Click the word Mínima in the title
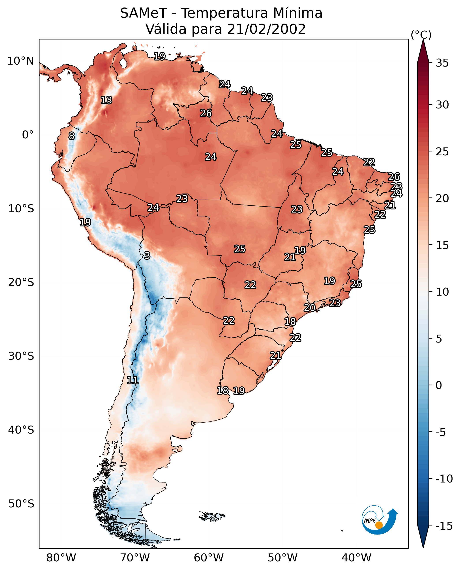pos(297,13)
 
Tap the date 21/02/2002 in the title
pos(267,29)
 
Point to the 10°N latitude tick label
pos(21,61)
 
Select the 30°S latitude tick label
pos(21,356)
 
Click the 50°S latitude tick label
pos(21,504)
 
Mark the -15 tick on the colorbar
pos(444,526)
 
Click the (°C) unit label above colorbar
pos(421,35)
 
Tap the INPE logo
pos(380,520)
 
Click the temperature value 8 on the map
pos(71,136)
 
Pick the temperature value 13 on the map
pos(106,100)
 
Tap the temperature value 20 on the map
pos(309,308)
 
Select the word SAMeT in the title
pos(144,13)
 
